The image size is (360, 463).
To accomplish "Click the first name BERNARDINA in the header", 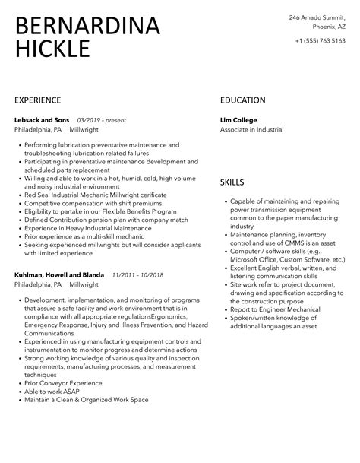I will point(87,27).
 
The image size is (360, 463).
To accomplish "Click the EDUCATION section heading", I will point(242,100).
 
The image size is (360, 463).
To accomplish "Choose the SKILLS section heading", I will point(232,182).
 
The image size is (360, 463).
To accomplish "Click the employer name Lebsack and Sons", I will point(41,120).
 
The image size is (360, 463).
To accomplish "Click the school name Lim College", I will point(238,120).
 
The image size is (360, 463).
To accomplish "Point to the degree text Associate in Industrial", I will point(251,130).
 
